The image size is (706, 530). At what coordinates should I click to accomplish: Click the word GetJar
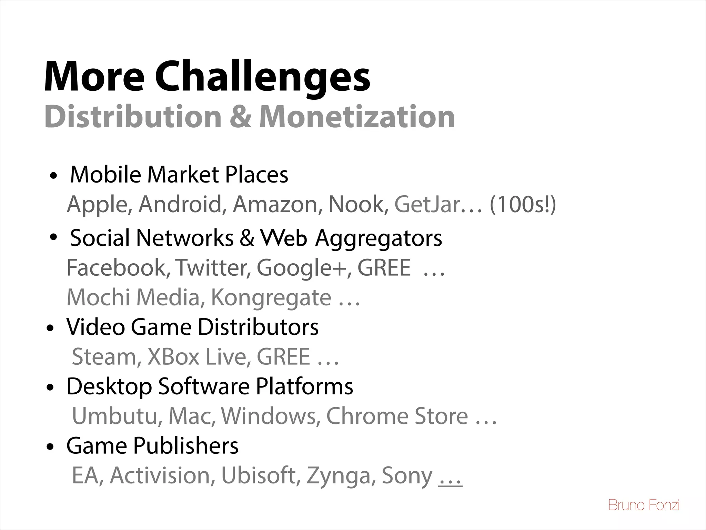[x=427, y=204]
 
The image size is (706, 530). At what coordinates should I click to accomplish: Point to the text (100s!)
[x=523, y=204]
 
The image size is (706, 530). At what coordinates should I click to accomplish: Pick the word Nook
[x=357, y=204]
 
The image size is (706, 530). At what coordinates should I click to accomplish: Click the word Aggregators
[x=378, y=238]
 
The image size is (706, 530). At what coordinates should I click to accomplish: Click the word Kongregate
[x=271, y=297]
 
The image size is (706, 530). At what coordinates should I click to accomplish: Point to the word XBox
[x=173, y=356]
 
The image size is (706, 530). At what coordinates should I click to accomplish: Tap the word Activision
[x=160, y=475]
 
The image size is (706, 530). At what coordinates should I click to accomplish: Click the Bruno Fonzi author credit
[x=644, y=505]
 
